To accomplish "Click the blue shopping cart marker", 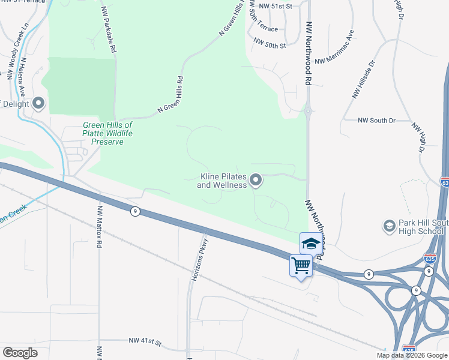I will click(301, 265).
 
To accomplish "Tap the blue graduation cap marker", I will click(310, 244).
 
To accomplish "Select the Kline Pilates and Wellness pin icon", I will click(256, 180).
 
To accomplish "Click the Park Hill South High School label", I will click(423, 227).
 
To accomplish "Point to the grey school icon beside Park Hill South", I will click(389, 226).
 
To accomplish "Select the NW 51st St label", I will click(273, 6).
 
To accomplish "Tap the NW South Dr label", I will click(377, 121).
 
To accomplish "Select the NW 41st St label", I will click(145, 341).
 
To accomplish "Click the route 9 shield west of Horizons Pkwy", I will click(136, 211).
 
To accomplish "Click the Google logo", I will click(20, 353).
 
